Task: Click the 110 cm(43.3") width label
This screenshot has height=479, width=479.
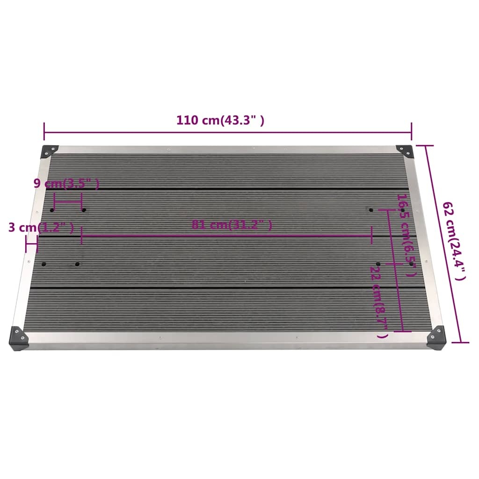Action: [220, 120]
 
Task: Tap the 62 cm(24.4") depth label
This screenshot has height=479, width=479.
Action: [454, 241]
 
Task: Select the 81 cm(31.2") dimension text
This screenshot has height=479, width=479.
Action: [232, 225]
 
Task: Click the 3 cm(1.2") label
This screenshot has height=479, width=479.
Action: [41, 228]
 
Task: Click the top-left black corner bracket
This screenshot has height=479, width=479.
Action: [49, 151]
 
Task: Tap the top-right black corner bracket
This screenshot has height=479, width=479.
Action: [404, 151]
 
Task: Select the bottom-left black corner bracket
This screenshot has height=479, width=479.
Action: [19, 337]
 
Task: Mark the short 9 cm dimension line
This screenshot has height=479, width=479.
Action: [68, 202]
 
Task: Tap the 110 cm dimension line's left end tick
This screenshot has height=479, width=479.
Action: [44, 131]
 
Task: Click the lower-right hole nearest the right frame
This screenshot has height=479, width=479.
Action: [412, 264]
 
